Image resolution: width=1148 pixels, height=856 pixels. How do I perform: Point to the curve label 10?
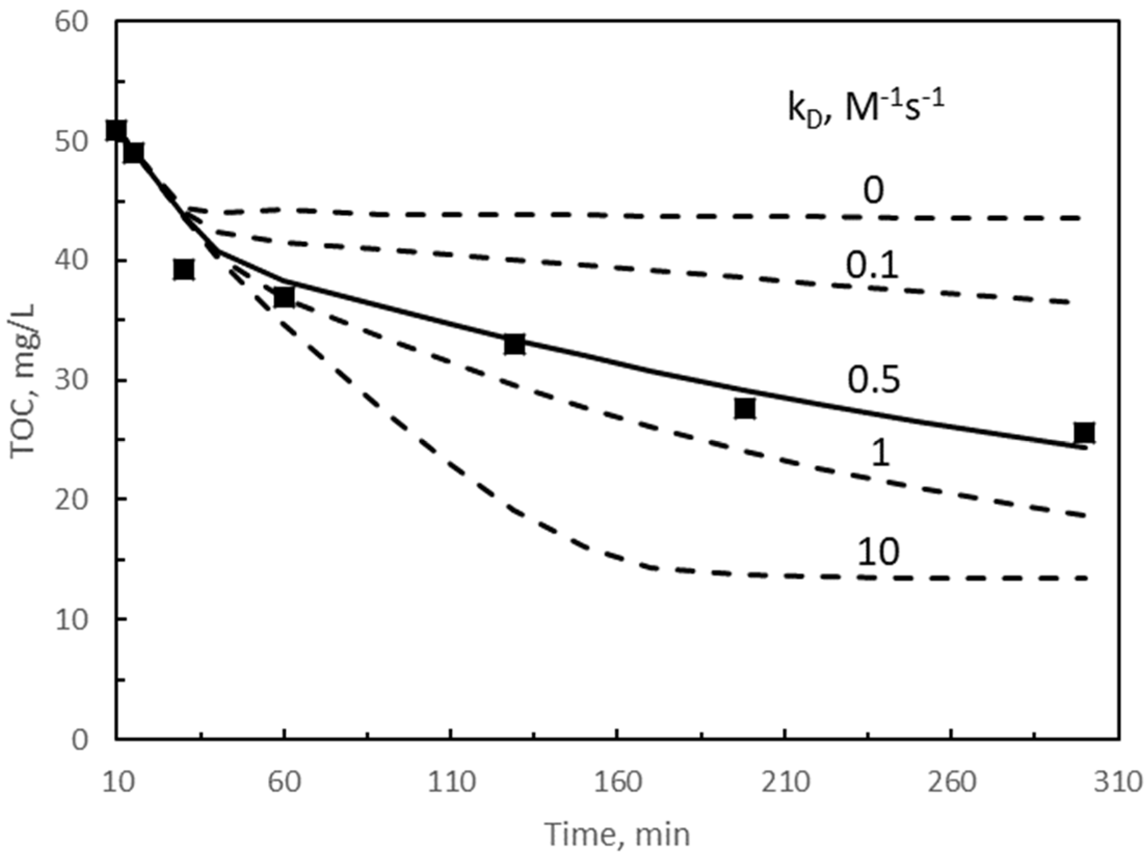coord(877,552)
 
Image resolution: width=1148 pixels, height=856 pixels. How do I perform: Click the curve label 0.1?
coord(872,266)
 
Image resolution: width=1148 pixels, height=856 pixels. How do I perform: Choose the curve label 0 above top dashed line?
coord(873,191)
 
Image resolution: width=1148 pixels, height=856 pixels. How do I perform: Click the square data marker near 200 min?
coord(745,408)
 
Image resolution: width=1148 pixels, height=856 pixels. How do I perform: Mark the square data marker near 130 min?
coord(514,344)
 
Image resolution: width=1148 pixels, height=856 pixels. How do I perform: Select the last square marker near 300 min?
coord(1084,432)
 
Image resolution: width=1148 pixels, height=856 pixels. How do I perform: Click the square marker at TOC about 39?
coord(184,270)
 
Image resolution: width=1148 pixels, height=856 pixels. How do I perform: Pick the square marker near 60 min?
coord(284,297)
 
